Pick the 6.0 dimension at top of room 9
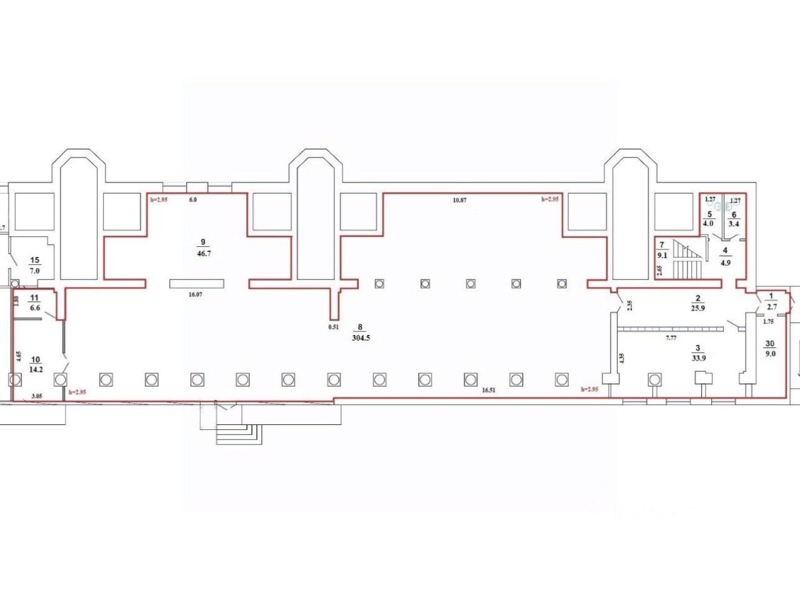[192, 200]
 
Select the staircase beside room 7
[687, 261]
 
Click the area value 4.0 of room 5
[709, 221]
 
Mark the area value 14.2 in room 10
[35, 369]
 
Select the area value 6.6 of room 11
[35, 308]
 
